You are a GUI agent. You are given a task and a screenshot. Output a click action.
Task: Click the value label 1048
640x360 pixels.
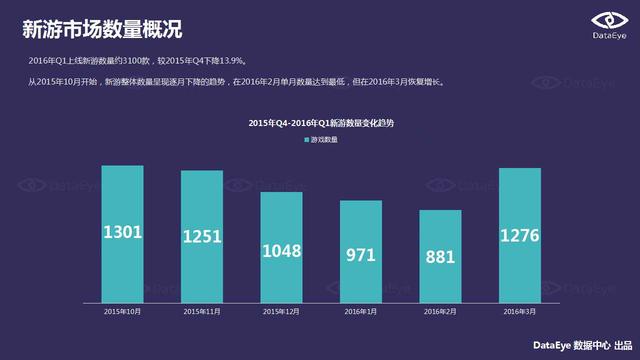[x=281, y=251]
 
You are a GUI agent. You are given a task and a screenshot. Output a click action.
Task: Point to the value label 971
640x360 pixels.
[x=361, y=256]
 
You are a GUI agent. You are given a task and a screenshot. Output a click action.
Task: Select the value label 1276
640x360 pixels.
[x=519, y=236]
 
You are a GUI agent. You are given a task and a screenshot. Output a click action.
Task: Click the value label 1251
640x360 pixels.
[x=202, y=237]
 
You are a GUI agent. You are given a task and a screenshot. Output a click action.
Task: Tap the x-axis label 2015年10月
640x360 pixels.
[x=123, y=312]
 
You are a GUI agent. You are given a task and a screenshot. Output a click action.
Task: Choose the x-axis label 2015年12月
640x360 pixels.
[x=281, y=312]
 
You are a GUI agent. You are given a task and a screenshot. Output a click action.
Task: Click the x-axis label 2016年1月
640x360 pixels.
[x=361, y=312]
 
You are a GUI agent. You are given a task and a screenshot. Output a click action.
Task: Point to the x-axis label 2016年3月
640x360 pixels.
[x=519, y=312]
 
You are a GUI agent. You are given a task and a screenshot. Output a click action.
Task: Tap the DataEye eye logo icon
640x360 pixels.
[x=606, y=20]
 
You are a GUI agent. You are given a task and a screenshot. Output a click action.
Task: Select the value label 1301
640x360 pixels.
[x=123, y=233]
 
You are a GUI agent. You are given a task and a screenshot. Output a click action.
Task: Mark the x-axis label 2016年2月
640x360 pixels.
[x=440, y=312]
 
